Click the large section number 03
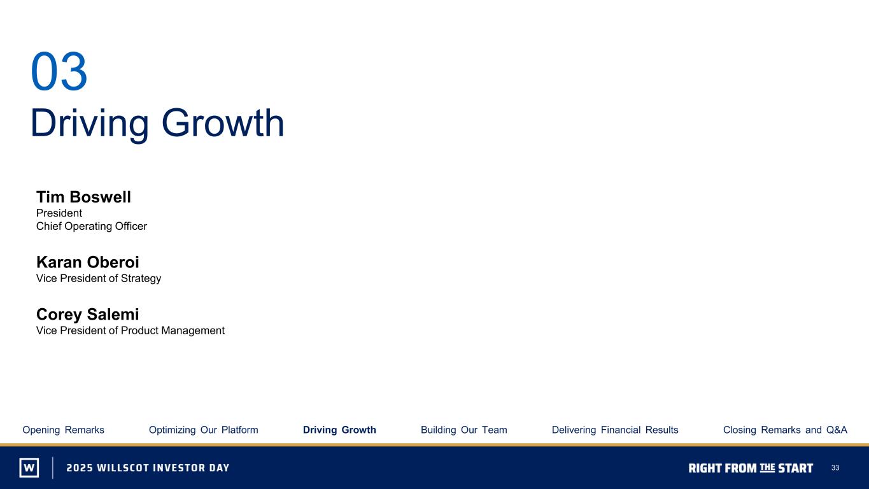point(59,71)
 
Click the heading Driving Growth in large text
point(157,124)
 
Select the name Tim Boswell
point(83,197)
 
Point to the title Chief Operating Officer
point(92,226)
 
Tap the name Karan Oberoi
point(88,262)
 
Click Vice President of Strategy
point(99,279)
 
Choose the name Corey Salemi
point(88,315)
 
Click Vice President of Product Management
point(131,330)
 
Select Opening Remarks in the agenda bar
point(63,430)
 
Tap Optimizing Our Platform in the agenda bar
point(204,430)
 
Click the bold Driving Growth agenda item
point(339,430)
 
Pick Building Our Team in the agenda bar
point(464,430)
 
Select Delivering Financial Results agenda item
point(615,430)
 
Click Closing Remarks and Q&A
point(785,430)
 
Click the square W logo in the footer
point(29,467)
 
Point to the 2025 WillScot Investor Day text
point(148,468)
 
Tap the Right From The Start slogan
point(751,468)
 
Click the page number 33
point(835,468)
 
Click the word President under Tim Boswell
point(59,213)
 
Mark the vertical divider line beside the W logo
point(53,467)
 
